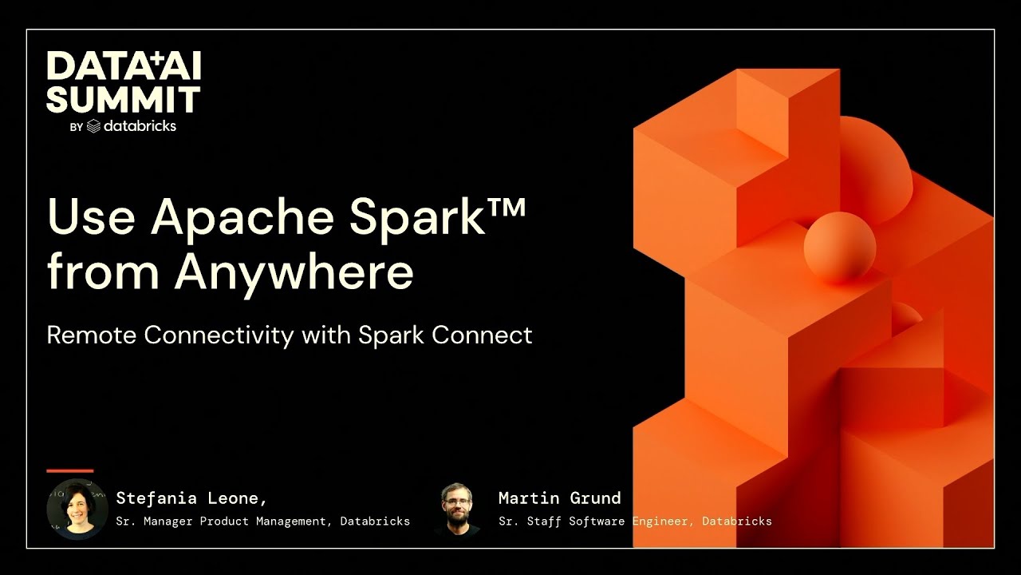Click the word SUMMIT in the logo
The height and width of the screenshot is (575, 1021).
point(123,99)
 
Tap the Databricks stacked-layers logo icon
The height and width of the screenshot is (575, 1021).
point(93,125)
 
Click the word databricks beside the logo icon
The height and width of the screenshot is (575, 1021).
point(140,125)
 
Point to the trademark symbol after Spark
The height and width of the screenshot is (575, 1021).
point(504,205)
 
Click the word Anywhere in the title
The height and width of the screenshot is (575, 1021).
point(294,272)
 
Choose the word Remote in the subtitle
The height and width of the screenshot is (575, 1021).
point(93,335)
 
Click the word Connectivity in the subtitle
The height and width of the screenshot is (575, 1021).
point(219,335)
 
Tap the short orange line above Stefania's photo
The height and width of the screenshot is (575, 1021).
point(69,470)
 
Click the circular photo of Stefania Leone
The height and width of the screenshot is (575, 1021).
point(77,509)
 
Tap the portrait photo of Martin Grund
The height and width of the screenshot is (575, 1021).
point(457,509)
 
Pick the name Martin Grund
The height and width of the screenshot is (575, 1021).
point(559,498)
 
